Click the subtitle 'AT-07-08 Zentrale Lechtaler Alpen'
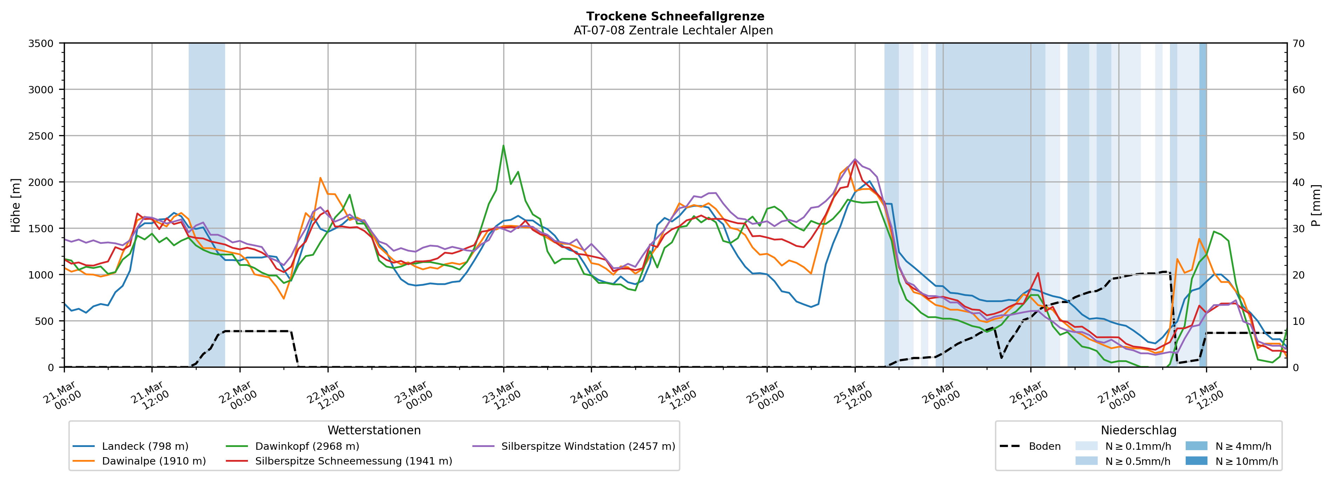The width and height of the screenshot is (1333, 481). [673, 31]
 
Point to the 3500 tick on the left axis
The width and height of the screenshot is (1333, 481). [41, 44]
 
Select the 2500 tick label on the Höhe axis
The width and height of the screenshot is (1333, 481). [41, 136]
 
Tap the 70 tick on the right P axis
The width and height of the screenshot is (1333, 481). [1298, 44]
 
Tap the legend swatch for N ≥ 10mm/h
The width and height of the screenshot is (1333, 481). [1196, 461]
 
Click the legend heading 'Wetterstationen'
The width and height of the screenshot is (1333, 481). [374, 430]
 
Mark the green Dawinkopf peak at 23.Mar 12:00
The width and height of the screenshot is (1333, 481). [504, 146]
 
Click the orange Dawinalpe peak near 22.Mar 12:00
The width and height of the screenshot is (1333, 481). [320, 178]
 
